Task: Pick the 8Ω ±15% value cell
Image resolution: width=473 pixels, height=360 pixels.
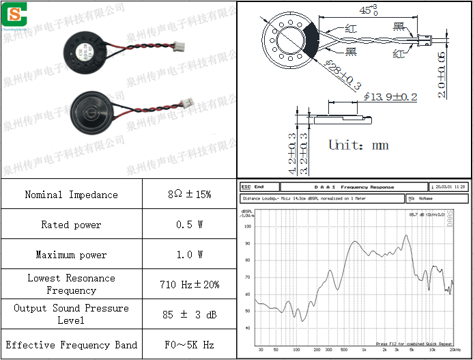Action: tap(189, 195)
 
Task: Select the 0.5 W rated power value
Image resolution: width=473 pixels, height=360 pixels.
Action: tap(189, 225)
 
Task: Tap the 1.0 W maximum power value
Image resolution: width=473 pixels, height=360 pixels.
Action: tap(189, 255)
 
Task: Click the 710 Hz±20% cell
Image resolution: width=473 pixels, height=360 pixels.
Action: tap(189, 284)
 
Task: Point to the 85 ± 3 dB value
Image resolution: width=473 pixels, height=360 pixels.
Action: tap(189, 314)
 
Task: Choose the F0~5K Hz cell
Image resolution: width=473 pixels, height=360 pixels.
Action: tap(189, 345)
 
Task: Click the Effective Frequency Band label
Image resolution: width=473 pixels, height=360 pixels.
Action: tap(71, 345)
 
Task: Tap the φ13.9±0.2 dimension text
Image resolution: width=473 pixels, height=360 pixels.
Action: tap(390, 97)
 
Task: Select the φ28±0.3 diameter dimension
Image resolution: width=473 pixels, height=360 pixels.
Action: tap(342, 75)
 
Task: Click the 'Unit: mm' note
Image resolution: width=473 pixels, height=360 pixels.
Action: tap(358, 145)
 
